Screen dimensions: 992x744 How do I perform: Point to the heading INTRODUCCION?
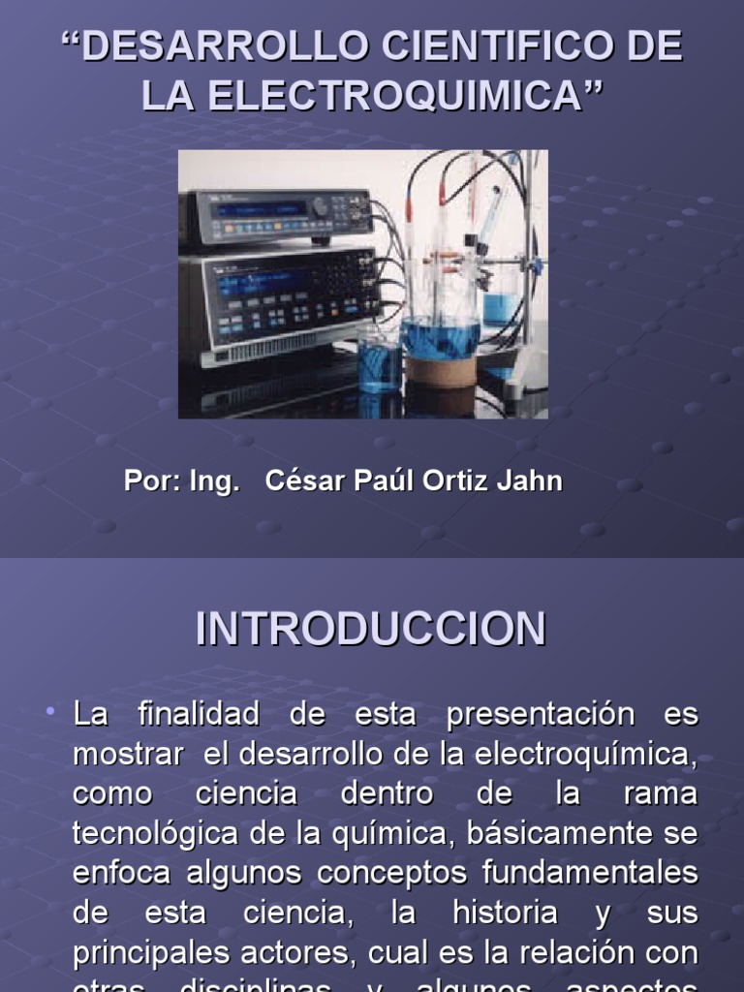point(371,629)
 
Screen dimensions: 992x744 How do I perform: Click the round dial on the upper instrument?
point(319,206)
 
